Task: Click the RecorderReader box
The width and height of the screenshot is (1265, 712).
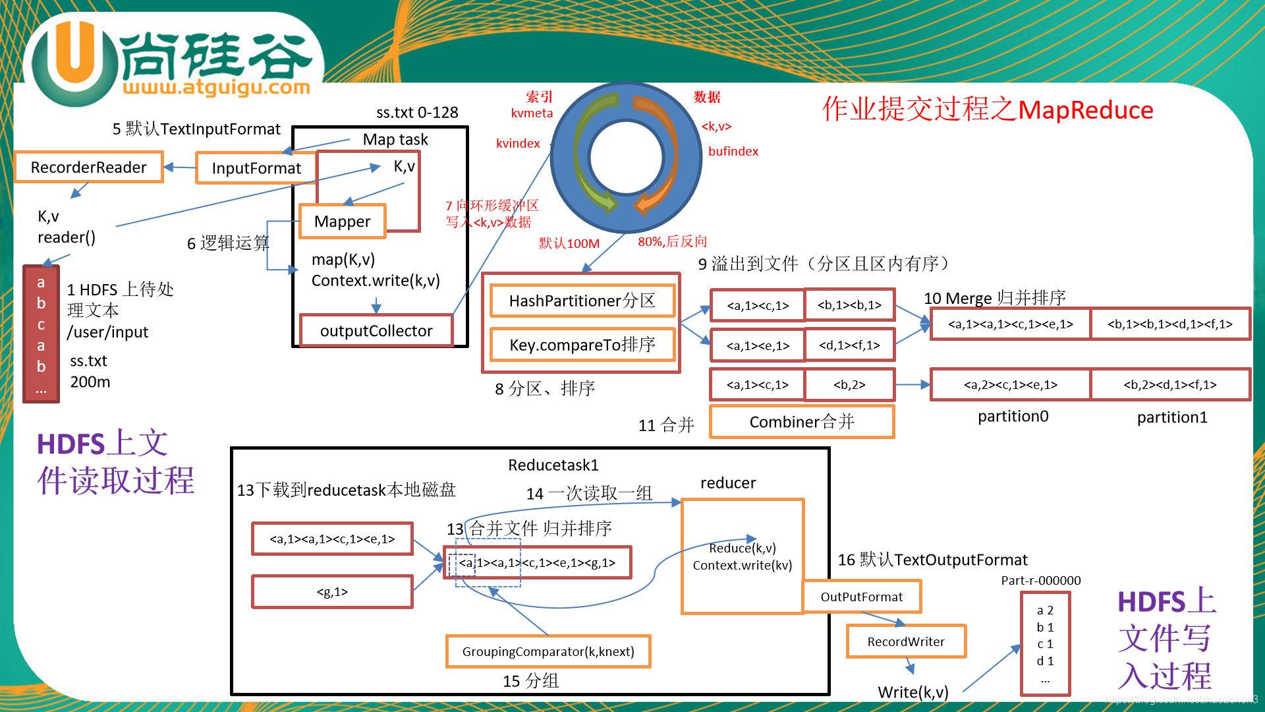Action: point(89,167)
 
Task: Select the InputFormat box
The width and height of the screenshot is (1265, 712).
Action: point(256,168)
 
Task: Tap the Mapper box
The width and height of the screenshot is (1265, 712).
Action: point(342,222)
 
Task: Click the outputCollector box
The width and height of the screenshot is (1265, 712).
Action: point(376,331)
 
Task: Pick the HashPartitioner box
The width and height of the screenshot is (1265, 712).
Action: point(582,301)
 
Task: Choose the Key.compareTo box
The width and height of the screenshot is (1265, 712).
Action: point(582,345)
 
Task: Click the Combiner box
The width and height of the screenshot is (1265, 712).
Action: point(801,422)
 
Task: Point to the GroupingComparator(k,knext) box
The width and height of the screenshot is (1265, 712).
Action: point(548,651)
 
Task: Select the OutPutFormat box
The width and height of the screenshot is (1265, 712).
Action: point(861,597)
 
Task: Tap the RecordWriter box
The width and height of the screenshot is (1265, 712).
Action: point(905,641)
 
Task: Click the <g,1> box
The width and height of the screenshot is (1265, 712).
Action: point(332,592)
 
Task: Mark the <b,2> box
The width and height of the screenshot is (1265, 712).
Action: point(849,385)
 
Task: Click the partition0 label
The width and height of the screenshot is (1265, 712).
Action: point(1013,417)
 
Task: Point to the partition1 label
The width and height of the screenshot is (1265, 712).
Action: point(1171,417)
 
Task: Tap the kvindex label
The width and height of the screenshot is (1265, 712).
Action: point(518,144)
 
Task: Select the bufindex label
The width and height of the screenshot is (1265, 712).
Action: point(733,152)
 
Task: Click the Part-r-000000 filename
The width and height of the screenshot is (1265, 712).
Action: point(1040,581)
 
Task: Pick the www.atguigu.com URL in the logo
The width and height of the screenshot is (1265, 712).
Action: point(216,87)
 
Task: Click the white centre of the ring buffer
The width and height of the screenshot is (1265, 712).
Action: point(626,157)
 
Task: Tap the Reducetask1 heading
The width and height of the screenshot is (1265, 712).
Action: point(553,465)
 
